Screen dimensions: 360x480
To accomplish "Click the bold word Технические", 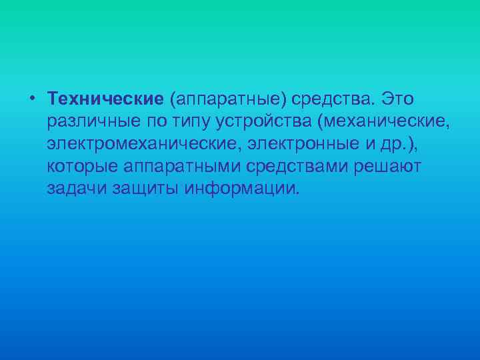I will tap(105, 99).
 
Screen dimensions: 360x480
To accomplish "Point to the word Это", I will tap(397, 99).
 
